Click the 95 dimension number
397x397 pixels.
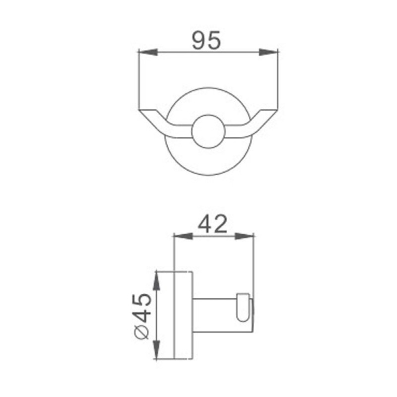206,40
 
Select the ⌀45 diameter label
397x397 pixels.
142,316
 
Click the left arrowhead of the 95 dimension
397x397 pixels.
148,52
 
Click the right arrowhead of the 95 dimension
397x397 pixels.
268,52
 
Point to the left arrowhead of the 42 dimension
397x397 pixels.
183,236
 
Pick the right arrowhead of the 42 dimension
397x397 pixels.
244,236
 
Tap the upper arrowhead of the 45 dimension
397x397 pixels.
157,280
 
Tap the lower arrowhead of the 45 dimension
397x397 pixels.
157,349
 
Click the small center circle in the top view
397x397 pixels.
208,132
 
